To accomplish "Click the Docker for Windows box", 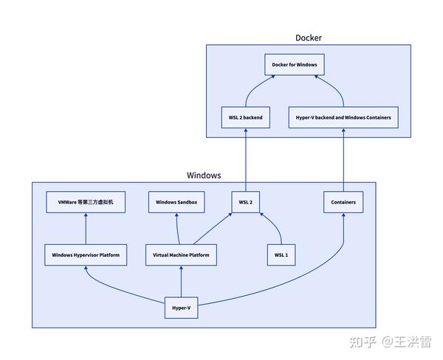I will point(294,65).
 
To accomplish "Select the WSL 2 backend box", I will point(246,117).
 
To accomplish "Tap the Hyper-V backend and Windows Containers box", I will point(343,117).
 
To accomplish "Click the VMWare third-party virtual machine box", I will point(86,201).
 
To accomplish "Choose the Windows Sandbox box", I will point(177,201).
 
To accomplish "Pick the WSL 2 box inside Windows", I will point(246,201).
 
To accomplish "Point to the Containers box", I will point(343,201).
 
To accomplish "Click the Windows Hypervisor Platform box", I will point(86,255).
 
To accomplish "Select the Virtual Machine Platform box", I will point(181,255).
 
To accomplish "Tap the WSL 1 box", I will point(281,255).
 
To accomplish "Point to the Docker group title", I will point(308,38).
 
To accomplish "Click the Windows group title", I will point(204,176).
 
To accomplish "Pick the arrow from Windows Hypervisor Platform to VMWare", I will point(86,229).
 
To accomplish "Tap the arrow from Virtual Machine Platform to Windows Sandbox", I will point(177,229).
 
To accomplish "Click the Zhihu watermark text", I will point(391,342).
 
